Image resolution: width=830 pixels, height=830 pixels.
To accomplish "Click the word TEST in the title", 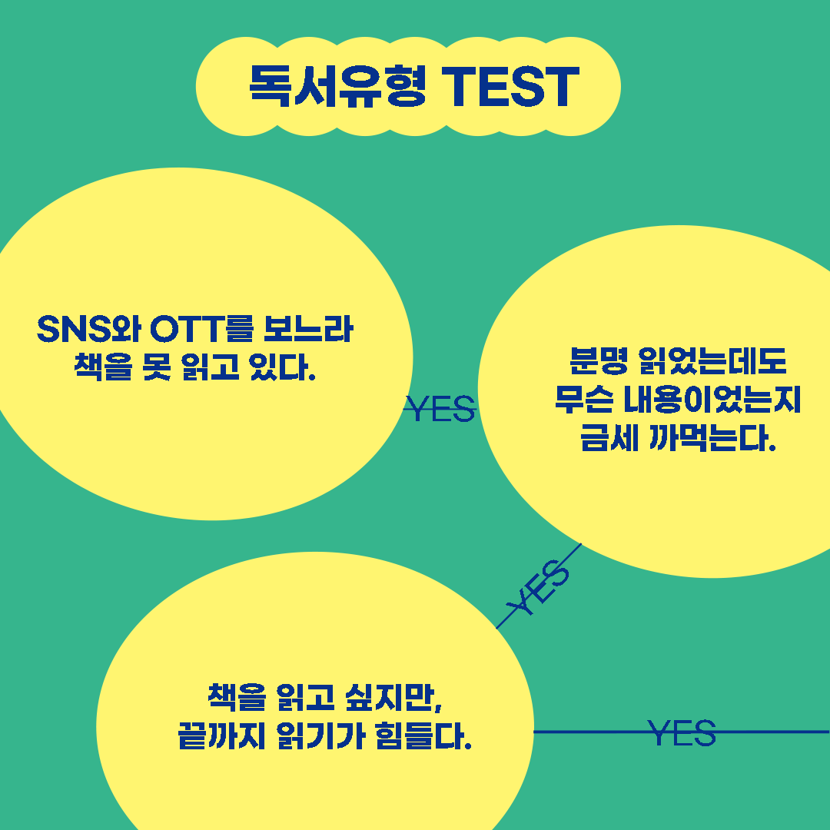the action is tap(510, 85).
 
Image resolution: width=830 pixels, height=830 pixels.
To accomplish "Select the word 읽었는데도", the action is tap(712, 361).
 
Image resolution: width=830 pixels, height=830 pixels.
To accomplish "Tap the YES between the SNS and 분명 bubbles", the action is tap(440, 410).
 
